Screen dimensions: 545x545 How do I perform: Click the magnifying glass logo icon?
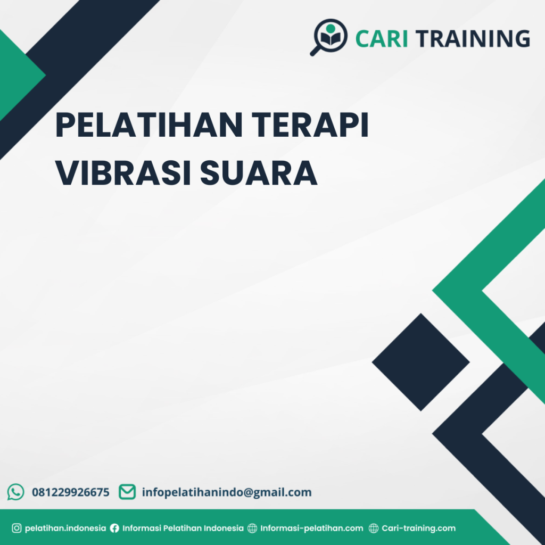pyautogui.click(x=328, y=36)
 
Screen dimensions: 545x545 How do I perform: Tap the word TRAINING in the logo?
pyautogui.click(x=473, y=39)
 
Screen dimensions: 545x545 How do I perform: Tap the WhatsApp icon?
pyautogui.click(x=16, y=492)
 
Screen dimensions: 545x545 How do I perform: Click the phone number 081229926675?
pyautogui.click(x=71, y=492)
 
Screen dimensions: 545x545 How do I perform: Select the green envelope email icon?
pyautogui.click(x=127, y=492)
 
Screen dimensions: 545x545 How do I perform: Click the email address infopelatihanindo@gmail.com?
pyautogui.click(x=227, y=492)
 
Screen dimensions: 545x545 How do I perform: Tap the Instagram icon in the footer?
pyautogui.click(x=16, y=529)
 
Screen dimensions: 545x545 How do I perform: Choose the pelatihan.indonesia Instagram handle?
pyautogui.click(x=65, y=529)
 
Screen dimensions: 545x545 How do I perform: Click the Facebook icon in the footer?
pyautogui.click(x=114, y=529)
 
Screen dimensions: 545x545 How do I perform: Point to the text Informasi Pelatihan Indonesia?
pyautogui.click(x=183, y=529)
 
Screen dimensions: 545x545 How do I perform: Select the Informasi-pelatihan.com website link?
pyautogui.click(x=312, y=529)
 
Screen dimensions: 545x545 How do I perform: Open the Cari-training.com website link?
pyautogui.click(x=419, y=529)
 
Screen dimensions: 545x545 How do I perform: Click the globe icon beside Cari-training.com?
pyautogui.click(x=374, y=529)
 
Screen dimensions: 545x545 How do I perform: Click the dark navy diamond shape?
pyautogui.click(x=420, y=362)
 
